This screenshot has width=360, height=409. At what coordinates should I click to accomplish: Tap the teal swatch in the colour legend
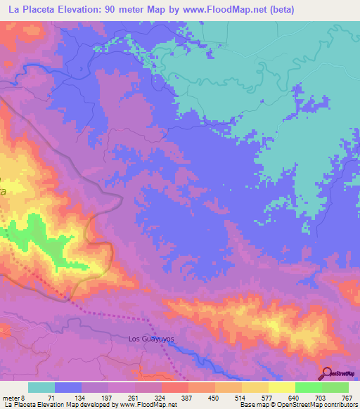click(41, 387)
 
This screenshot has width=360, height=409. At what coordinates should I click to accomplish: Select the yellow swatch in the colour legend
click(282, 387)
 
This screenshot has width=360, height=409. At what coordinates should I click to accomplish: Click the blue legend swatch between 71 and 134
click(68, 387)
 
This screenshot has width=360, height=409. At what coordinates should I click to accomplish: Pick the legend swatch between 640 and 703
click(309, 387)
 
